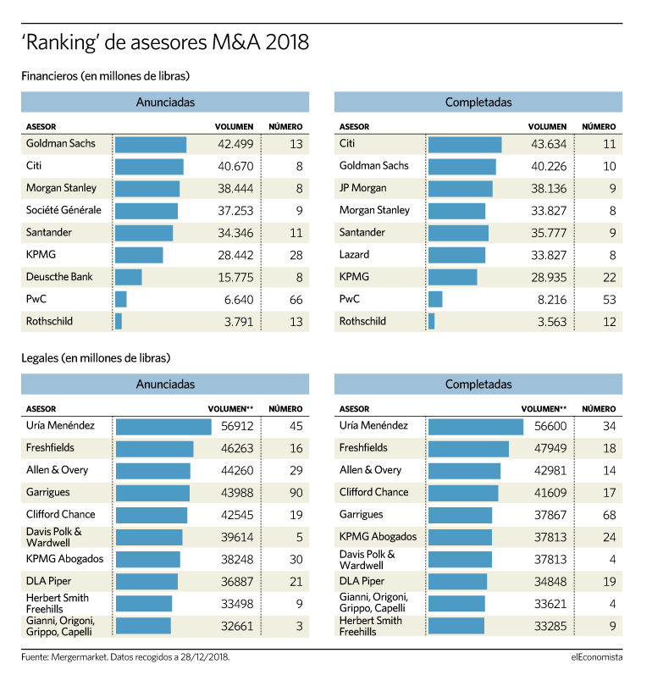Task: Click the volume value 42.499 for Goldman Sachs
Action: click(235, 144)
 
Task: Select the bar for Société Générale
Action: click(146, 211)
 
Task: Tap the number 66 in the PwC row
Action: click(296, 300)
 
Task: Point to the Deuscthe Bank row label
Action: click(59, 277)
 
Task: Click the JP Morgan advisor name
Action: click(363, 188)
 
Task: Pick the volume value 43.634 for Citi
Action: click(549, 144)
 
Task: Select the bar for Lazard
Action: click(456, 256)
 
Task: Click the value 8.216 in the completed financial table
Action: click(552, 300)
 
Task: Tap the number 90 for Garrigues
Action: click(296, 493)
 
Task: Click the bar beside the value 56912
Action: click(163, 427)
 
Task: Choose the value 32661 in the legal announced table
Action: click(237, 626)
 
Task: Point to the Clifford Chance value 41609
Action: click(550, 493)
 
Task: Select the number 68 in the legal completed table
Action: click(610, 515)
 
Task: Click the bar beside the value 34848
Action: click(457, 582)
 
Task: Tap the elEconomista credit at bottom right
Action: click(597, 657)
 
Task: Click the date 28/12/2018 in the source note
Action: click(205, 657)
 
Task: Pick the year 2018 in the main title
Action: click(287, 42)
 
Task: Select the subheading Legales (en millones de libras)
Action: click(96, 358)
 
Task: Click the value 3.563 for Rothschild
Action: click(552, 322)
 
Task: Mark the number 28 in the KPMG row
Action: click(296, 255)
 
